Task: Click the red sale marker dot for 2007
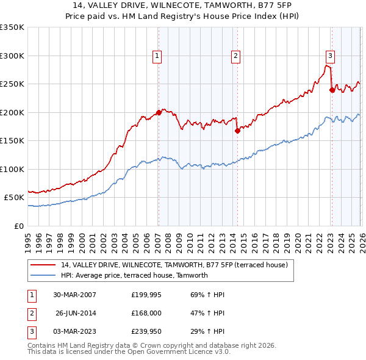159,112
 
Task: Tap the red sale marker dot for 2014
237,131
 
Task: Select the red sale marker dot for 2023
332,90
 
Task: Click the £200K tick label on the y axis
12,112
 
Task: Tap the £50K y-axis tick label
15,198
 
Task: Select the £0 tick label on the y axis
19,226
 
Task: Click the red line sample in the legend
44,265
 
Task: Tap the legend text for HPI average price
134,275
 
